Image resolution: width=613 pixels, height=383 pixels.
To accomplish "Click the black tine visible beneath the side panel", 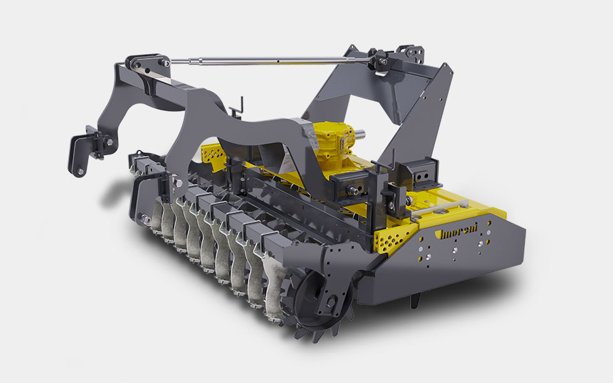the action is tap(415, 300).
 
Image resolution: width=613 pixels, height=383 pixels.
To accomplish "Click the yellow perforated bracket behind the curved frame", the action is tap(213, 156).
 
